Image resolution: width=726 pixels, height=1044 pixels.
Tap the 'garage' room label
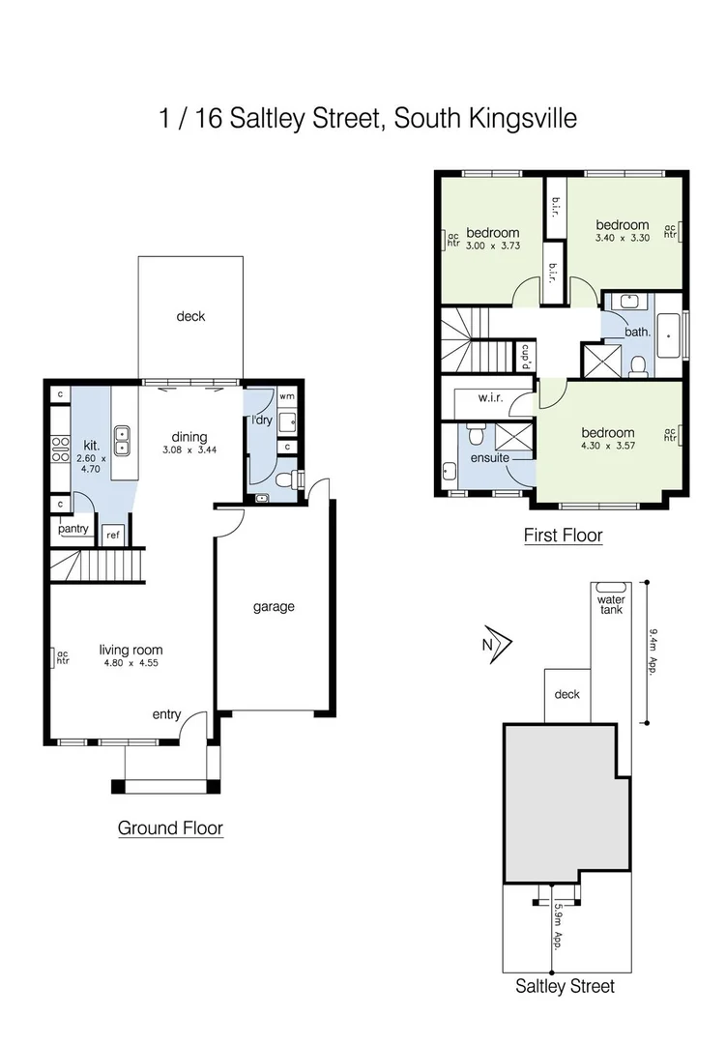tap(274, 607)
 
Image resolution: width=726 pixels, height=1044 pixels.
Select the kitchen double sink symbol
tap(122, 441)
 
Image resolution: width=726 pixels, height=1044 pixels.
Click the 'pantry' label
tap(73, 529)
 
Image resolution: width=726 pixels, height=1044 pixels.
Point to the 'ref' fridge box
tap(113, 535)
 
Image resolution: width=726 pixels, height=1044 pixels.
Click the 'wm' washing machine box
tap(287, 397)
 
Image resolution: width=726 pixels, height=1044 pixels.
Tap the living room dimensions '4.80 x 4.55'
tap(130, 664)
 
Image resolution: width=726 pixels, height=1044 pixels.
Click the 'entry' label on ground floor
tap(166, 714)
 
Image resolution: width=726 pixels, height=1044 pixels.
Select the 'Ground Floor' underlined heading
tap(170, 827)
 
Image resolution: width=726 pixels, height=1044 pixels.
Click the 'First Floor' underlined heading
tap(563, 535)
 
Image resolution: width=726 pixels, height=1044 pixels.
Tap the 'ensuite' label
tap(490, 458)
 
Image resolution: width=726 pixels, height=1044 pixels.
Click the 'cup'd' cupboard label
tap(525, 357)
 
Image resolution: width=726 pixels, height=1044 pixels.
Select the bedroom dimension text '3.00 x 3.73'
tap(493, 246)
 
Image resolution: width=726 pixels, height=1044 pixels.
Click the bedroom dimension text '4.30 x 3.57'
tap(608, 447)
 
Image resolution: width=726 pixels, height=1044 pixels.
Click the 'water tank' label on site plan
tap(611, 604)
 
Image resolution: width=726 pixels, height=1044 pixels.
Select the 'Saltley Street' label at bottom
tap(565, 987)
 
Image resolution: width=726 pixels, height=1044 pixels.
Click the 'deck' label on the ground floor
tap(190, 316)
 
